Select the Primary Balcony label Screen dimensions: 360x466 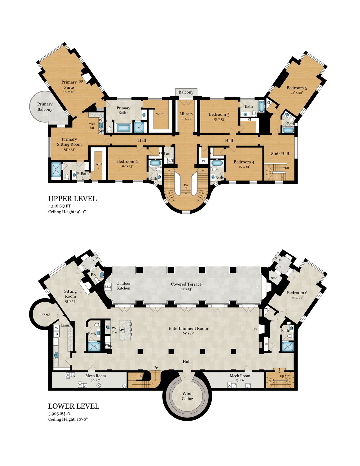[45, 107]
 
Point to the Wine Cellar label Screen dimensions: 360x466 [187, 396]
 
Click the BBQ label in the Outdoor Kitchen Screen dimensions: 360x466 [108, 286]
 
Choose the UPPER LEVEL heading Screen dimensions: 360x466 [73, 199]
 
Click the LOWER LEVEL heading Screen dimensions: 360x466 [73, 406]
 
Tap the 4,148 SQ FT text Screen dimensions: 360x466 [59, 206]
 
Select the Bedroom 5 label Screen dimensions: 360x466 [297, 88]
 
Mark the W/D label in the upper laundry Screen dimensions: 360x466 [170, 161]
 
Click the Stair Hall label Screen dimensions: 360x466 [280, 154]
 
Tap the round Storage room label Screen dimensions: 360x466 [45, 314]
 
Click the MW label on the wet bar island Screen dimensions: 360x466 [122, 330]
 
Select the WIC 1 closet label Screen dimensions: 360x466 [160, 114]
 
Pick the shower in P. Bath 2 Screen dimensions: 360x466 [56, 169]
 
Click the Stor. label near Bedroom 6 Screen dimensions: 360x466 [274, 278]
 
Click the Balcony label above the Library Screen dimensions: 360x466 [186, 92]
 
